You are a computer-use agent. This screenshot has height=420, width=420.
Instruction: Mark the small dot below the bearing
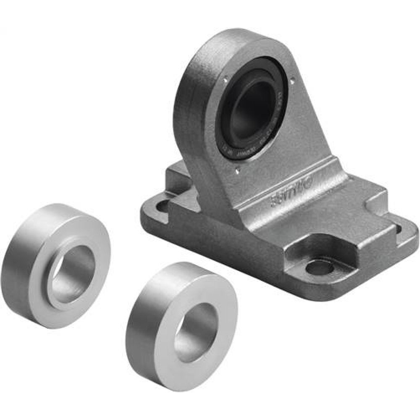coord(237,170)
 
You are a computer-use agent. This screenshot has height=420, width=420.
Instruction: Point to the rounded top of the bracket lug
coord(227,40)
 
